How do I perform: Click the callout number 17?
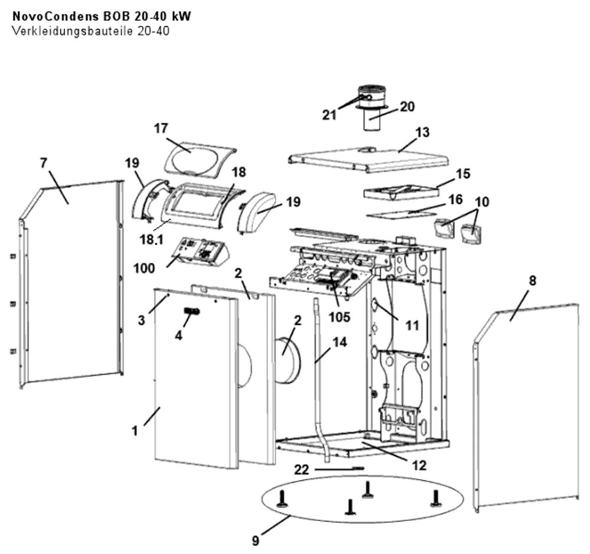pyautogui.click(x=160, y=128)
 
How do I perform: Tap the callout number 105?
pyautogui.click(x=339, y=317)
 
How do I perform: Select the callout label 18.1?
pyautogui.click(x=151, y=239)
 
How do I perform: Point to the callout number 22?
pyautogui.click(x=301, y=470)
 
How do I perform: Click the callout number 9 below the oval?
pyautogui.click(x=256, y=541)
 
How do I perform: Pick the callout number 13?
pyautogui.click(x=422, y=132)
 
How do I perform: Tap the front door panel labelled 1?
pyautogui.click(x=196, y=379)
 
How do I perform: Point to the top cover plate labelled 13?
pyautogui.click(x=369, y=160)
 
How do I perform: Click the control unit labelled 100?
pyautogui.click(x=200, y=252)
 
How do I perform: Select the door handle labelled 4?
pyautogui.click(x=192, y=311)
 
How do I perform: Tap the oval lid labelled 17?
pyautogui.click(x=199, y=159)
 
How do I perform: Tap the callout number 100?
pyautogui.click(x=144, y=269)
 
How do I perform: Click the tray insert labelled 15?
pyautogui.click(x=401, y=193)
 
